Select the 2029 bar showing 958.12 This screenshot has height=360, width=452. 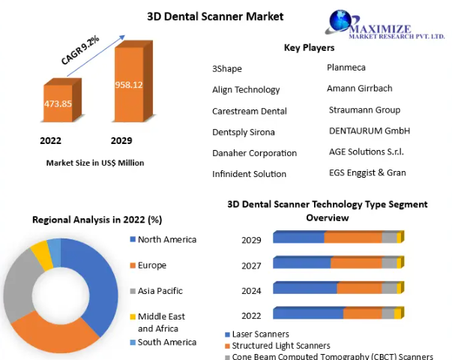pyautogui.click(x=128, y=85)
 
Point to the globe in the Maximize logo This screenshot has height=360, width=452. pyautogui.click(x=338, y=22)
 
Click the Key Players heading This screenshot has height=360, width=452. pyautogui.click(x=309, y=48)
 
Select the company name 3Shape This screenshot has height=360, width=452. pyautogui.click(x=227, y=69)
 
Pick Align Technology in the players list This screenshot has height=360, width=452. pyautogui.click(x=246, y=90)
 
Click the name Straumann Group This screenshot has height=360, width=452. pyautogui.click(x=364, y=110)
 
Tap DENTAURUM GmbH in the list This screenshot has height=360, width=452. pyautogui.click(x=370, y=130)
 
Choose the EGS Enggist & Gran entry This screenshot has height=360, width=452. pyautogui.click(x=367, y=172)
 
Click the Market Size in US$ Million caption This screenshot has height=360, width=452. pyautogui.click(x=94, y=163)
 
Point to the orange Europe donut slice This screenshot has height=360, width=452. pyautogui.click(x=52, y=330)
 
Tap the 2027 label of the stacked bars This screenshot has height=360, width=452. pyautogui.click(x=251, y=265)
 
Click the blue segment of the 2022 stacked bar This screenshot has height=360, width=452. pyautogui.click(x=308, y=313)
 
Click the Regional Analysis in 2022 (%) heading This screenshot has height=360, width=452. pyautogui.click(x=97, y=220)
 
